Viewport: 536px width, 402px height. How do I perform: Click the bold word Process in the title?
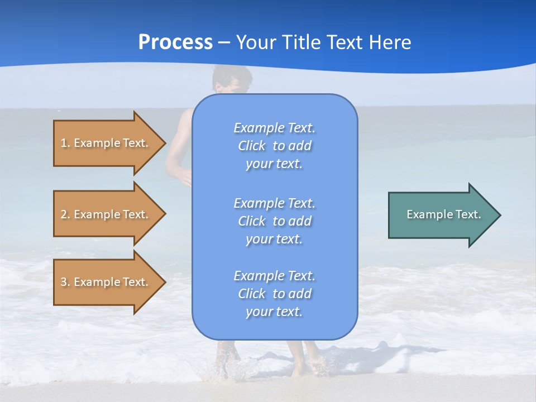tap(175, 42)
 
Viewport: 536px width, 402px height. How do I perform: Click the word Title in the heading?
tap(300, 42)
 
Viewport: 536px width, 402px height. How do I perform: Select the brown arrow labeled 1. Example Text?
tap(106, 143)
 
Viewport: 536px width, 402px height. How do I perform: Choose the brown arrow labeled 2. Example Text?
tap(106, 214)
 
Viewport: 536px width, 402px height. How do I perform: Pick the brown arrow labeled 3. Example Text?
tap(106, 282)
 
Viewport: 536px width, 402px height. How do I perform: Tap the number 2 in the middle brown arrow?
tap(64, 214)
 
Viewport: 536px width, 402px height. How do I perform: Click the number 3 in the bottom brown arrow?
tap(64, 282)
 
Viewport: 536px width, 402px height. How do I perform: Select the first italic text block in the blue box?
tap(274, 146)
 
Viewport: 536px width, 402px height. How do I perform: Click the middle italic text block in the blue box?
tap(274, 221)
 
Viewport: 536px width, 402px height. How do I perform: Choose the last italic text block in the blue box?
tap(274, 294)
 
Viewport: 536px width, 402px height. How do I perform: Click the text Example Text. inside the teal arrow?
tap(443, 214)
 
